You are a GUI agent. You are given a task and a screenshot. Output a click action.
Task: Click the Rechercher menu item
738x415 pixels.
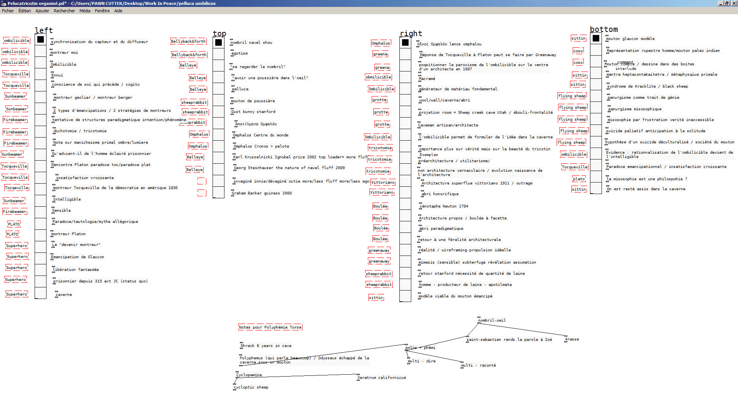click(64, 11)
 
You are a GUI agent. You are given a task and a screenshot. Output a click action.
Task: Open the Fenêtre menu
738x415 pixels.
click(102, 11)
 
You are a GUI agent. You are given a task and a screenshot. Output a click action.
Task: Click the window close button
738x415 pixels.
click(734, 3)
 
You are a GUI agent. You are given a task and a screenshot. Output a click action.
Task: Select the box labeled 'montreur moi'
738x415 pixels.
click(64, 53)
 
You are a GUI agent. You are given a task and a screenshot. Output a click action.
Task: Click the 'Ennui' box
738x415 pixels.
click(57, 75)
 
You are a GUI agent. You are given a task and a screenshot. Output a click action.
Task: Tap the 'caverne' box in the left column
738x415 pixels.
click(64, 295)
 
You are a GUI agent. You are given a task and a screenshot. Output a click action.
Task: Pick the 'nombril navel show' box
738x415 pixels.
click(252, 43)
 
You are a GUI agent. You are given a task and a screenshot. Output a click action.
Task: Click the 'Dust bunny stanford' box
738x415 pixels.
click(253, 112)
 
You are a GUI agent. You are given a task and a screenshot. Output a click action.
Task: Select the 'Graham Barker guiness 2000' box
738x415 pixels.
click(262, 193)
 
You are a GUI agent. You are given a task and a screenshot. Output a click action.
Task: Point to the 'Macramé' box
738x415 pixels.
click(427, 79)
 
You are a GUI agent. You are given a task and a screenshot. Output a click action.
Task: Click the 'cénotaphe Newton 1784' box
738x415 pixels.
click(444, 206)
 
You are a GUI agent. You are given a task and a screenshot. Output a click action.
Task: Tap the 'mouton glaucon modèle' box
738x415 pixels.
click(630, 39)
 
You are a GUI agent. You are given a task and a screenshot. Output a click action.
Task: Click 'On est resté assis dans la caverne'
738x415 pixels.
click(646, 189)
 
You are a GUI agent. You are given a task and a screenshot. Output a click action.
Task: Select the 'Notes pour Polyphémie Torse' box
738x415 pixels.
click(270, 327)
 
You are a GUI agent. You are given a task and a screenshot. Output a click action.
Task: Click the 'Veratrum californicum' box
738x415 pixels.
click(382, 378)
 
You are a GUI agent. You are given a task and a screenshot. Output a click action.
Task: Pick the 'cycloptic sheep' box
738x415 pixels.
click(251, 387)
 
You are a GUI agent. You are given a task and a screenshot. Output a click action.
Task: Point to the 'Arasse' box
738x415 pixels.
click(572, 339)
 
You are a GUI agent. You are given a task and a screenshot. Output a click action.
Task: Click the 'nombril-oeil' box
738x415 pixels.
click(492, 320)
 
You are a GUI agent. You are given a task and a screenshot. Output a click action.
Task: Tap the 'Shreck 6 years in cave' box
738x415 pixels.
click(266, 346)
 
